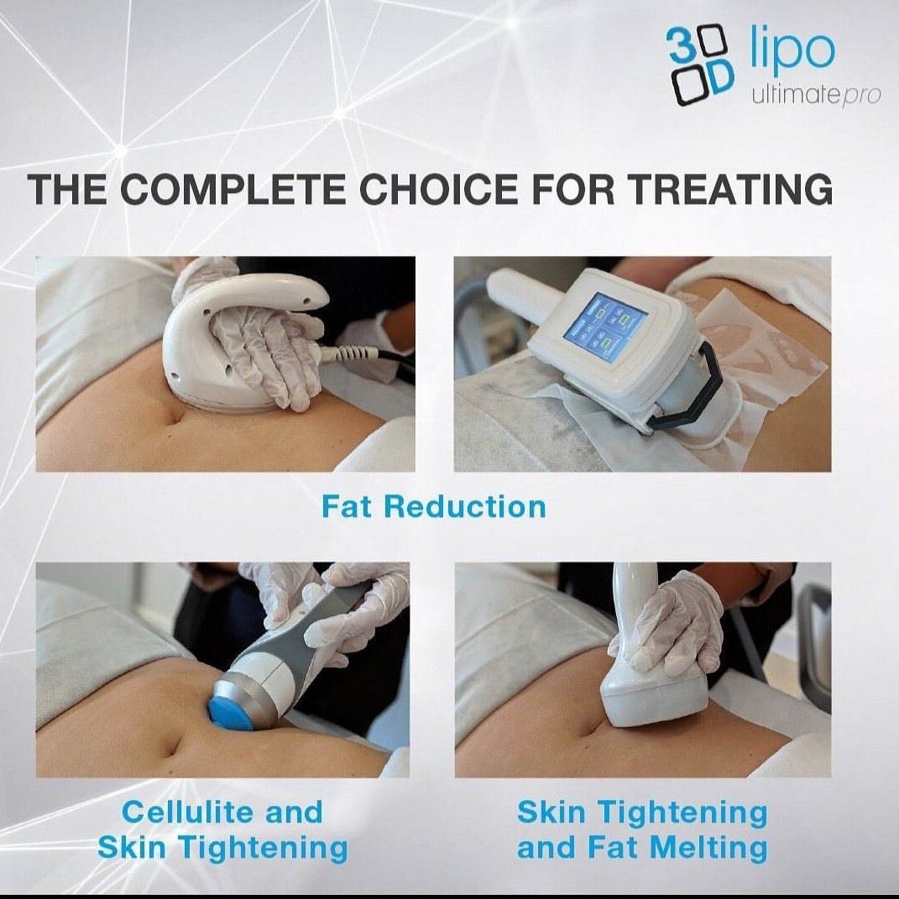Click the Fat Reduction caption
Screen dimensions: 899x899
[433, 506]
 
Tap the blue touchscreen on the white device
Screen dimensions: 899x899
[605, 325]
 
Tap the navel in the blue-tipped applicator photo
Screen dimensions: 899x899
[175, 747]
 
